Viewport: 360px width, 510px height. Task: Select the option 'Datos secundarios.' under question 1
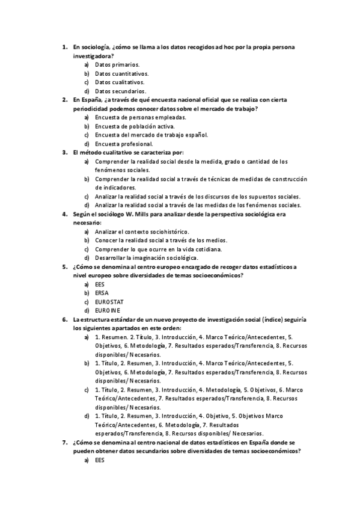tap(120, 91)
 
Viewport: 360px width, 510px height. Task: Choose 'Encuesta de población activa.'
tap(135, 126)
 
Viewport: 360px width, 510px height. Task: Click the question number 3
tap(65, 153)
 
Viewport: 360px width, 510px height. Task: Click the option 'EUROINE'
tap(108, 310)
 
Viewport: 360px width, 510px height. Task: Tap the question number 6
tap(65, 319)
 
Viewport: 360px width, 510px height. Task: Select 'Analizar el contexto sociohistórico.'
tap(142, 232)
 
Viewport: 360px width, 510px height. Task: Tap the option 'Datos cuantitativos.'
tap(121, 73)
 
